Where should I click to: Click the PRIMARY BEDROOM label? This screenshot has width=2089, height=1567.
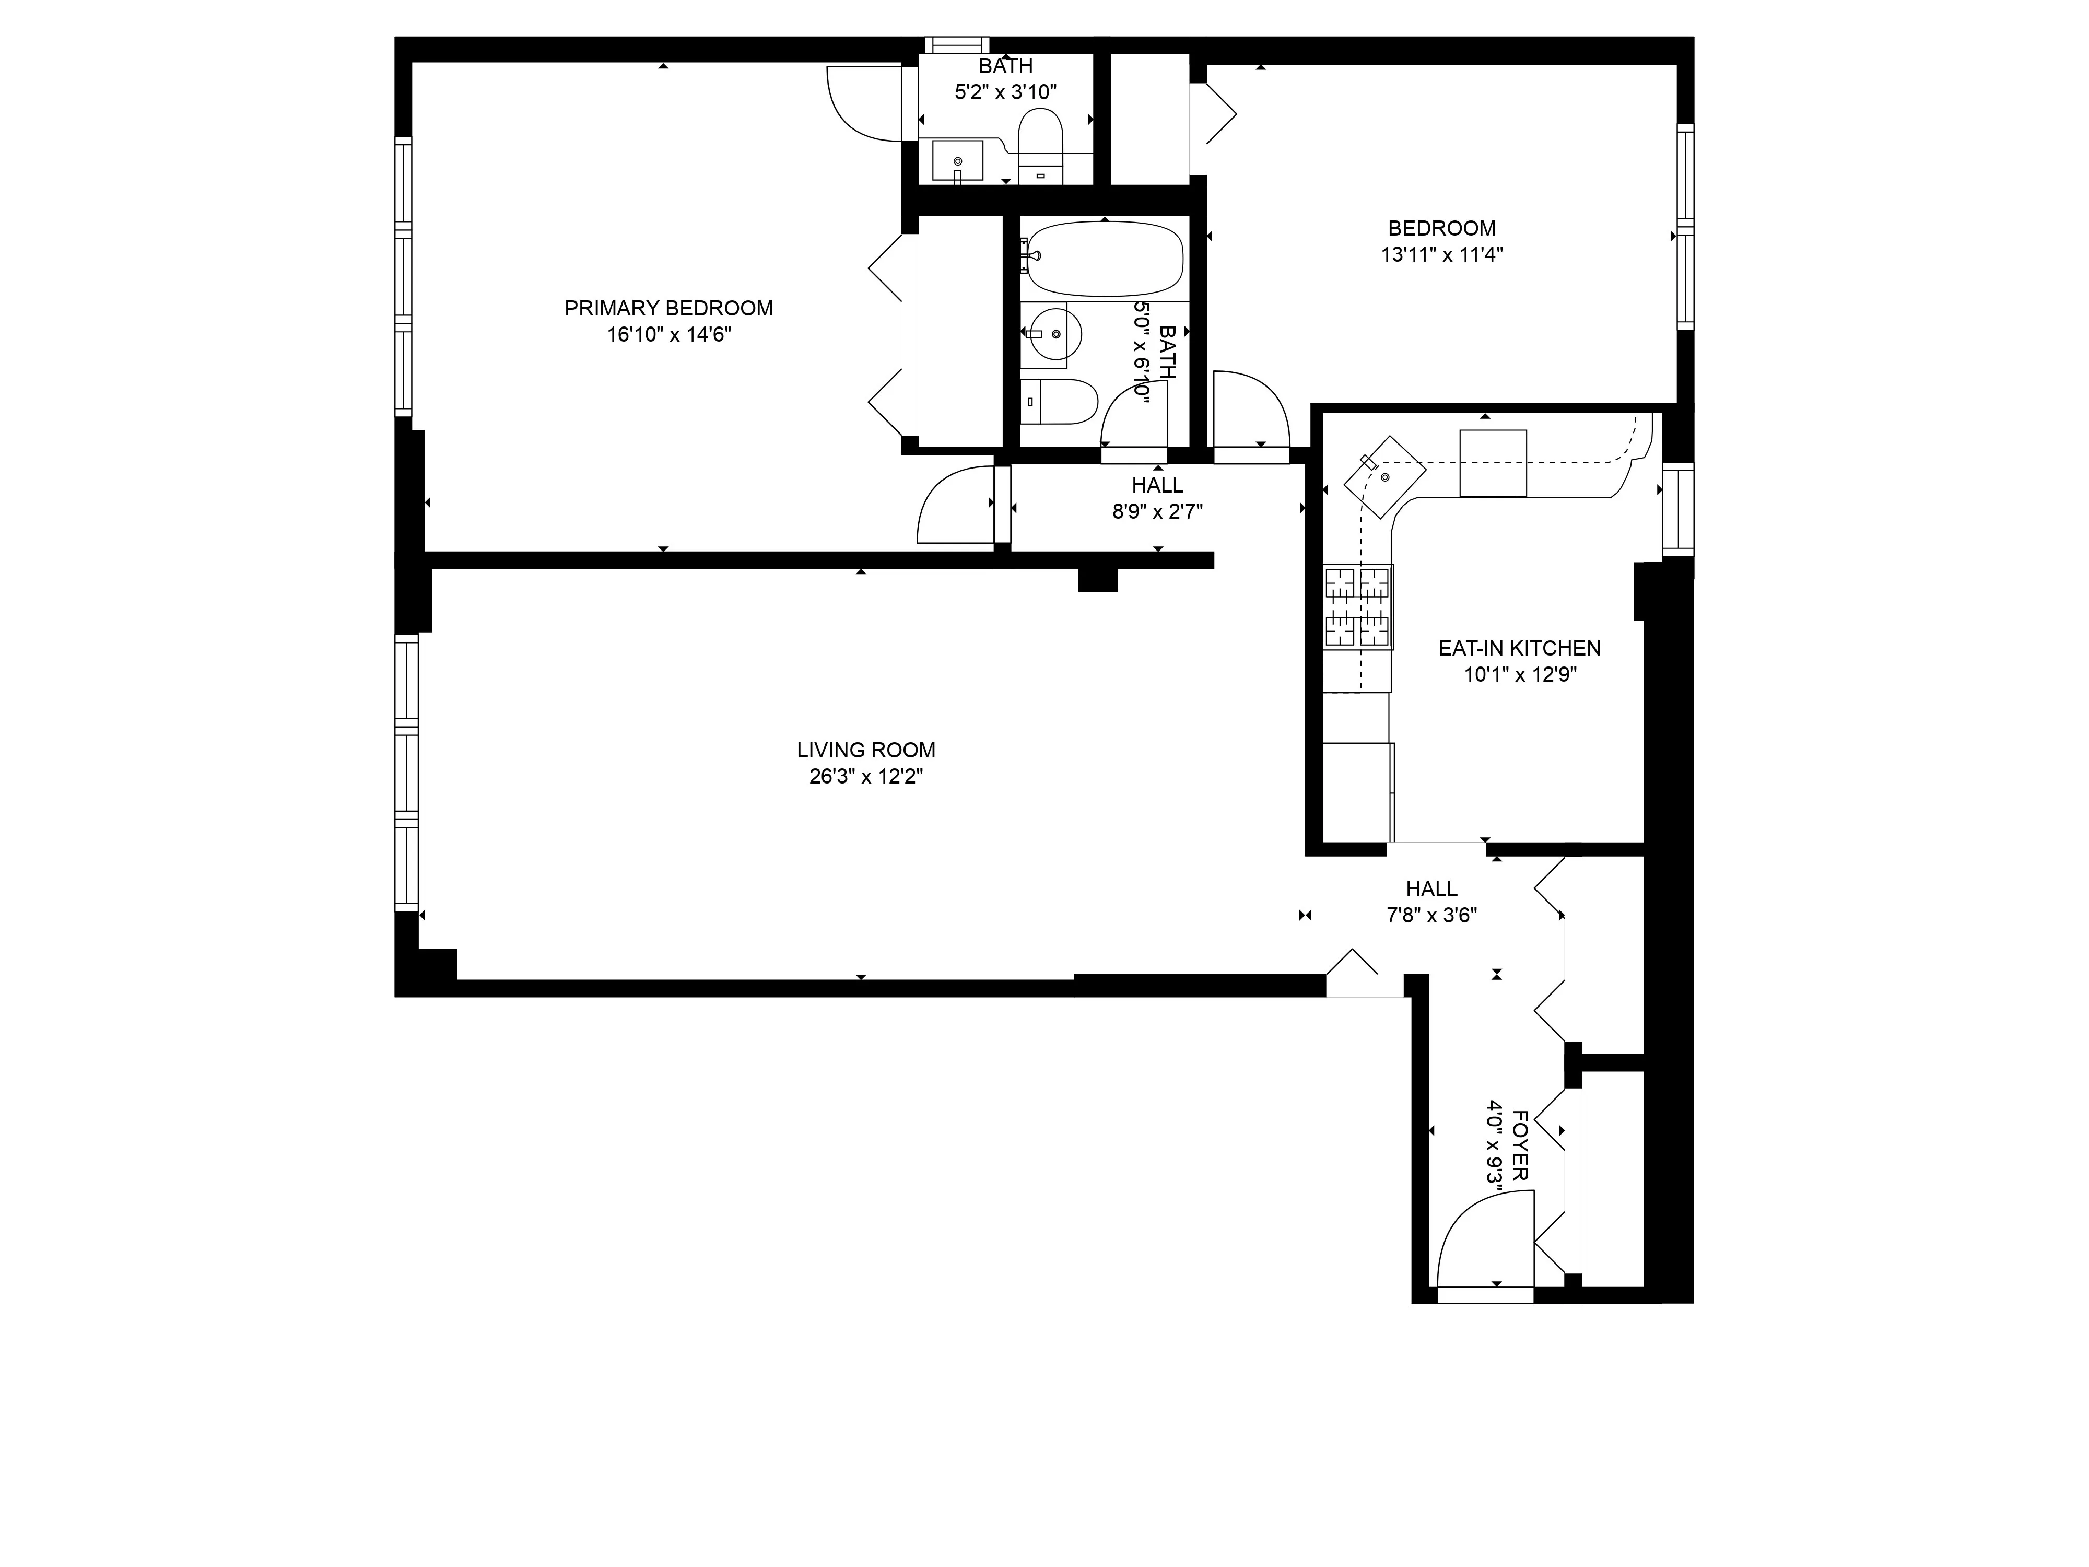pyautogui.click(x=668, y=308)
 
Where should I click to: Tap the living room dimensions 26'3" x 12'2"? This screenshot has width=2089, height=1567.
pyautogui.click(x=865, y=776)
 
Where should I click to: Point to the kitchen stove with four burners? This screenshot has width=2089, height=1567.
pyautogui.click(x=1358, y=607)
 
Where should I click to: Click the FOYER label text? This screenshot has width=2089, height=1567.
pyautogui.click(x=1520, y=1145)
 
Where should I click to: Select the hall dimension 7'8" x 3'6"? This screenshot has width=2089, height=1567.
pyautogui.click(x=1431, y=914)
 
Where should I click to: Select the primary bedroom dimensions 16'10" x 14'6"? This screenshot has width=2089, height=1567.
pyautogui.click(x=668, y=334)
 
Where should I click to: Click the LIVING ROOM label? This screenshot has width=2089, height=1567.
pyautogui.click(x=865, y=750)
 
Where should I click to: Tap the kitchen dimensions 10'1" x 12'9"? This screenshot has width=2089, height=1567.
pyautogui.click(x=1520, y=674)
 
